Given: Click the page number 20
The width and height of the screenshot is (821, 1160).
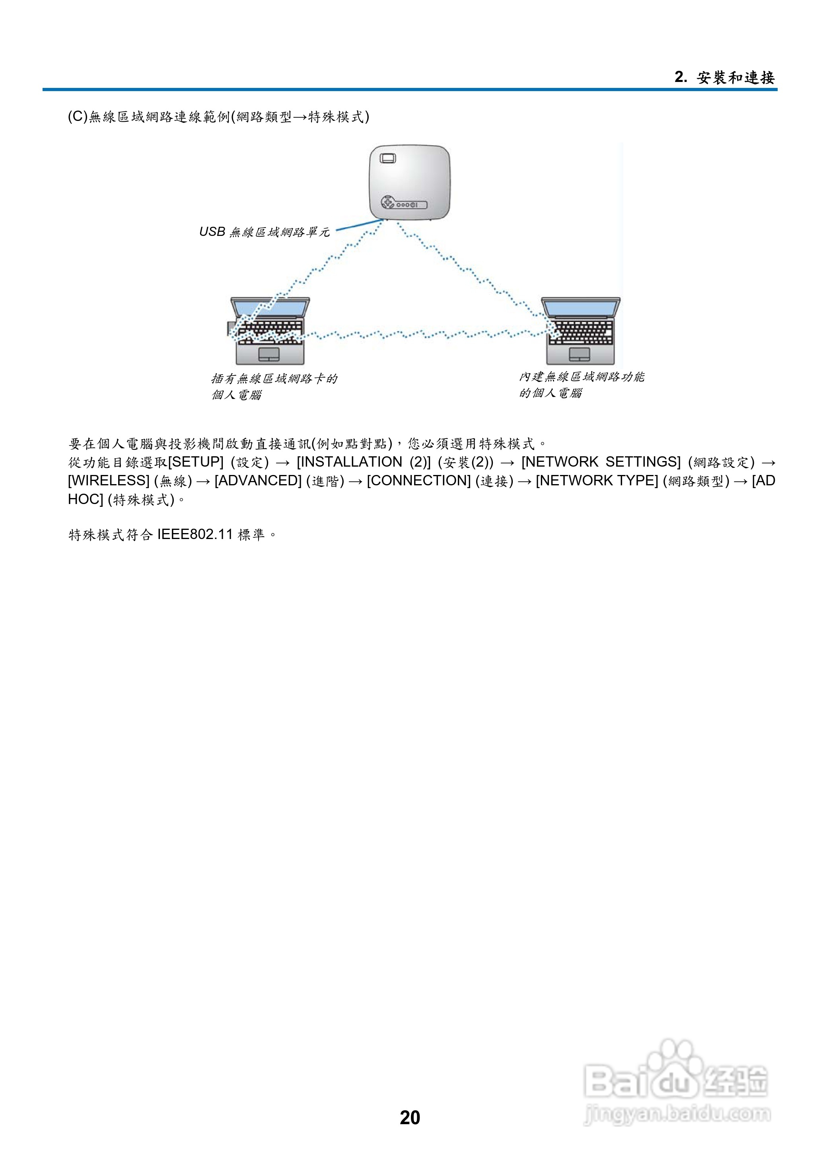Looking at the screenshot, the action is coord(409,1117).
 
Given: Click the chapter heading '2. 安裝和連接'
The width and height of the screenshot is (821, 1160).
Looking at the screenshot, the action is coord(724,77).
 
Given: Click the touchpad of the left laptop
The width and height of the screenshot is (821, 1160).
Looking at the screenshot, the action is coord(269,354).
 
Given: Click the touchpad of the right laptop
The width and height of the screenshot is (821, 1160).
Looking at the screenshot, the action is coord(579,354).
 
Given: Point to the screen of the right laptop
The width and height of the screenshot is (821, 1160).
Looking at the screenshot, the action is coord(580,308).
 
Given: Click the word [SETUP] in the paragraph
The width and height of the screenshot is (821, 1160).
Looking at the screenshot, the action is coord(196,462).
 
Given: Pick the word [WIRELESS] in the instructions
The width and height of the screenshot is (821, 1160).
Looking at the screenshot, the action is coord(109,481).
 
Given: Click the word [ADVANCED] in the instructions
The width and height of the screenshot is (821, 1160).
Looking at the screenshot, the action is coord(258,481).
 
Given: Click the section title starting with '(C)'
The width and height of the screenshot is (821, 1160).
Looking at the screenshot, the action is coord(218,117).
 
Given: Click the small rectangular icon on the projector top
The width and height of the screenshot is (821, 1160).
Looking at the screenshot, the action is coord(388,158).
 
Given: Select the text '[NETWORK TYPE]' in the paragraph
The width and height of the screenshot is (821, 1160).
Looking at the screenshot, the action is coord(597,481).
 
